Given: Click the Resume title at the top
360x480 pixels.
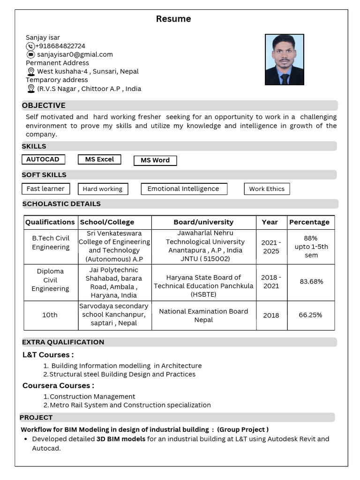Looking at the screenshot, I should coord(173,19).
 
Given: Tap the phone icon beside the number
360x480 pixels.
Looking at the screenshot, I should coord(30,46).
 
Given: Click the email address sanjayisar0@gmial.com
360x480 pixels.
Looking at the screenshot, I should coord(75,54).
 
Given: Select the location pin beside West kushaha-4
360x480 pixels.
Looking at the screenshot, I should coord(31,72).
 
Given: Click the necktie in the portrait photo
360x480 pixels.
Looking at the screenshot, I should coord(285,78).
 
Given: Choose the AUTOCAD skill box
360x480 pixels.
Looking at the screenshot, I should coord(43,159).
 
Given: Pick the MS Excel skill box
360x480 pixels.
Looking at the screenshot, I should coord(99,159).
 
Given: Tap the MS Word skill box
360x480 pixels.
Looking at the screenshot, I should coord(155,160).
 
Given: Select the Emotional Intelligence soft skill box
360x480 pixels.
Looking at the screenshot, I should coord(183,189).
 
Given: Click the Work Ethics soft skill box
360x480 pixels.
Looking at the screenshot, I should coord(267,189).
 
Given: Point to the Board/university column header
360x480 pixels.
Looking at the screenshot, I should coord(203,222).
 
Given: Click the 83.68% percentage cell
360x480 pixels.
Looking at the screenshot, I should coord(311,281).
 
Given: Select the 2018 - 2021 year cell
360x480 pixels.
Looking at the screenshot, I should coord(271,281).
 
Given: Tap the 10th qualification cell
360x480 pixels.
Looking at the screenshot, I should coord(50,315).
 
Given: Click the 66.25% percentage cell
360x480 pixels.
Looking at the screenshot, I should coord(310,315).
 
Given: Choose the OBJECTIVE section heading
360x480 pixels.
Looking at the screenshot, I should coord(44,105).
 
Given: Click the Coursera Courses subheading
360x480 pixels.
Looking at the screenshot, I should coord(58,386).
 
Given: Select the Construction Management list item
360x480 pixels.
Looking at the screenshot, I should coord(92,397).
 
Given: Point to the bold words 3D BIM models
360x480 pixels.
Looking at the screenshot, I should coord(121,439).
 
